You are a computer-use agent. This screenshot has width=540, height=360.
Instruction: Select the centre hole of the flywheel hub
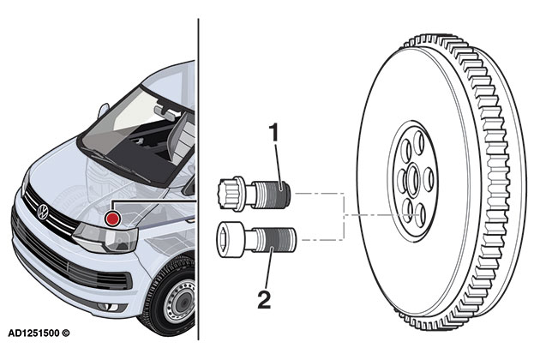click(411, 180)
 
